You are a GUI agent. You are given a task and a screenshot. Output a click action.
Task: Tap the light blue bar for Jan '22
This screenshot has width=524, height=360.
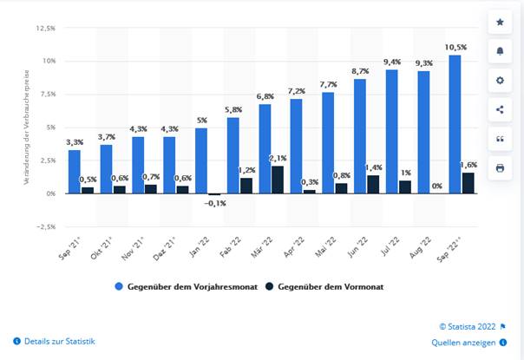pos(201,160)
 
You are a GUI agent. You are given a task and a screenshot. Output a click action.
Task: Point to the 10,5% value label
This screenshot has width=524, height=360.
pos(455,47)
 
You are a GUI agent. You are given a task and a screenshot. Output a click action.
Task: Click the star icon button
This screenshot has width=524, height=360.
pos(499,20)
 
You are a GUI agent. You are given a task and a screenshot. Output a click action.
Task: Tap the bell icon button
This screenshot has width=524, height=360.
pos(499,49)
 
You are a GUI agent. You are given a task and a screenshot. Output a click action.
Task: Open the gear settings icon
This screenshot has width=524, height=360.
pos(499,80)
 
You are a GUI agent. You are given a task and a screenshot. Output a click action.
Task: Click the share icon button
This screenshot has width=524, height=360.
pos(499,108)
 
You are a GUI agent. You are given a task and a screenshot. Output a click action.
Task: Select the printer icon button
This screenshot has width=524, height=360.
pos(499,167)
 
